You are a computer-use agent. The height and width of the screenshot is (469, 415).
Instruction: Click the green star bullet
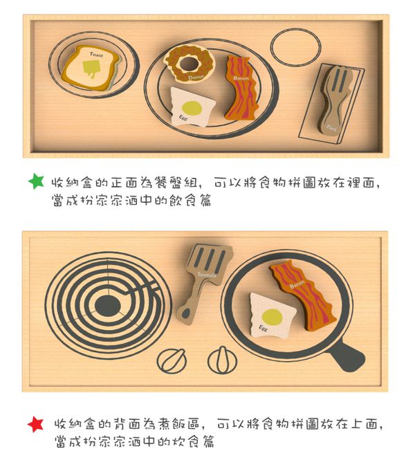click(36, 181)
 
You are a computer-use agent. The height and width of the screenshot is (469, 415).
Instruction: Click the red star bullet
click(36, 423)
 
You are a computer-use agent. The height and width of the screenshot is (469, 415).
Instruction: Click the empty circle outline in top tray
click(295, 48)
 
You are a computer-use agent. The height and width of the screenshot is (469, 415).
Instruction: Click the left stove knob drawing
click(171, 360)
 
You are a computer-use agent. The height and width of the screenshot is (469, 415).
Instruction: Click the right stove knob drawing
click(223, 360)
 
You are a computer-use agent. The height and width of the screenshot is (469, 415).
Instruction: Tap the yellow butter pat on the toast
click(91, 67)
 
